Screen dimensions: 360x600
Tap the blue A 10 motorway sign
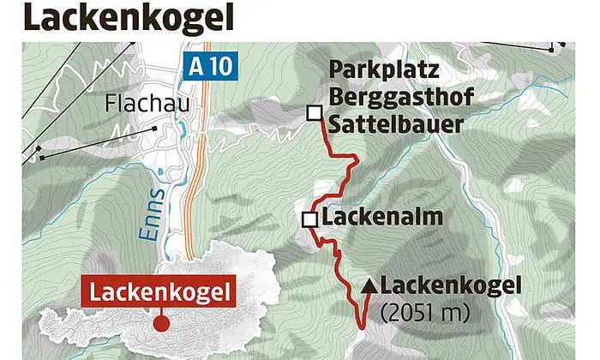[207, 68]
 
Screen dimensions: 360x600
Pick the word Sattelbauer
[393, 124]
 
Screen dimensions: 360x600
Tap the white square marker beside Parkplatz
[315, 112]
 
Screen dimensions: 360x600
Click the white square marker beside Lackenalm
[309, 220]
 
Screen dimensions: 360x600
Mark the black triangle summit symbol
[369, 285]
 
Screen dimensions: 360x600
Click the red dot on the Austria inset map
[159, 323]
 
